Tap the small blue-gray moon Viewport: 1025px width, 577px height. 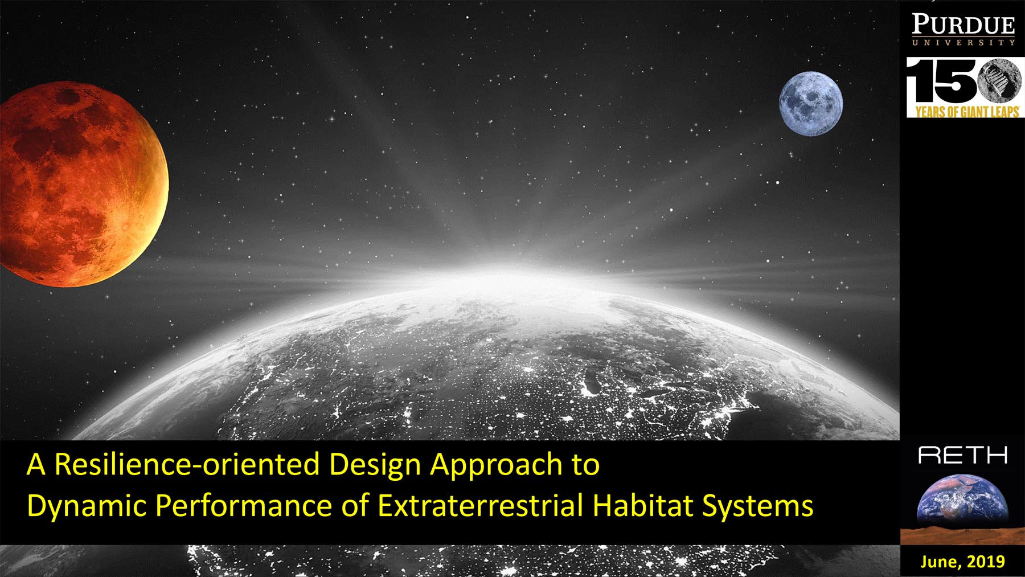(811, 104)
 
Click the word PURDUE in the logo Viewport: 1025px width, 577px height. (963, 25)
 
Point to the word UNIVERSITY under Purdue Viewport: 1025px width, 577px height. (963, 42)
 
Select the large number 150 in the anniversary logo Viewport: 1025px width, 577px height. (962, 83)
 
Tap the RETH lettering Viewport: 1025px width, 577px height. (963, 455)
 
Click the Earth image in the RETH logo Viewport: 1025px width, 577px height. (962, 499)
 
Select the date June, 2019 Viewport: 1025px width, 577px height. (962, 562)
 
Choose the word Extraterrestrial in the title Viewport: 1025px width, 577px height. (481, 505)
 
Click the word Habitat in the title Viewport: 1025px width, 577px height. (643, 505)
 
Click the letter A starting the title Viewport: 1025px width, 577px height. (36, 464)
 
